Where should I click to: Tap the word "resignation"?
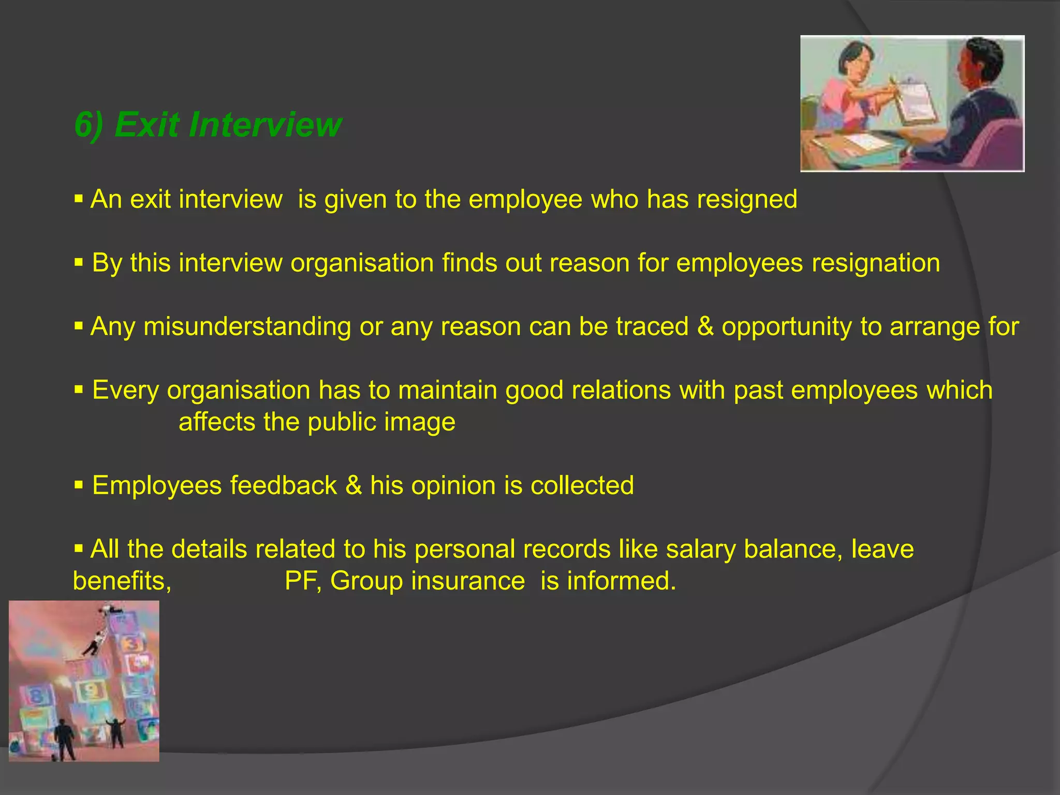click(x=875, y=263)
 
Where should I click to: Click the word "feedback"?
click(x=283, y=486)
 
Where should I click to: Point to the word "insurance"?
click(x=468, y=581)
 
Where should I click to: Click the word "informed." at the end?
click(x=621, y=581)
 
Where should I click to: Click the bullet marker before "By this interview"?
click(x=79, y=263)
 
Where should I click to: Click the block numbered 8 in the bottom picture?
click(x=36, y=695)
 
